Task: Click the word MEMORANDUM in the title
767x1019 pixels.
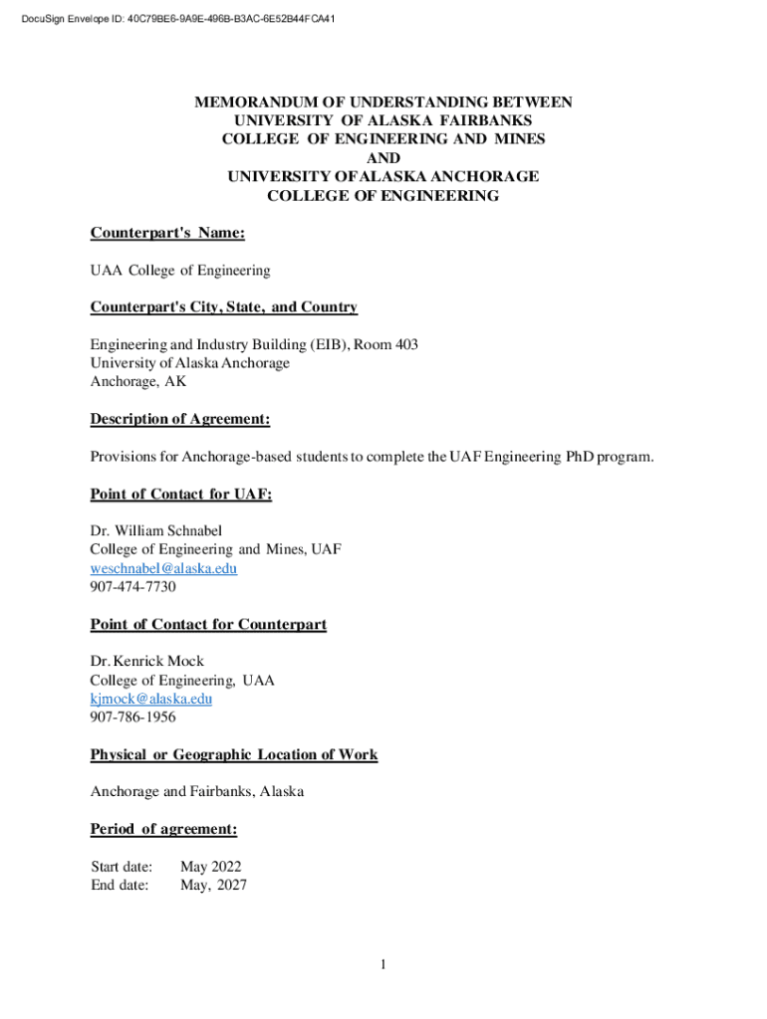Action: [253, 102]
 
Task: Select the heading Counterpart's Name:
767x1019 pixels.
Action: [167, 233]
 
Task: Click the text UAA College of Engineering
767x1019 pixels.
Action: [179, 271]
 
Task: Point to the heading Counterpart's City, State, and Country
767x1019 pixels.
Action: [223, 307]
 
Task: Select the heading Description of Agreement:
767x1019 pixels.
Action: [180, 419]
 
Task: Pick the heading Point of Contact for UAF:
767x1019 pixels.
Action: [181, 494]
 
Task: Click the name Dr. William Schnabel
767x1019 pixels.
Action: [162, 531]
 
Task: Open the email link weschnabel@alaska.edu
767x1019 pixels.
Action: [163, 568]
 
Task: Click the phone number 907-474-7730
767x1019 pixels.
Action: [132, 587]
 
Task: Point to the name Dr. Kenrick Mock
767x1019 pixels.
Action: [146, 662]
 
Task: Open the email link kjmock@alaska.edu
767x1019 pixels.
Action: [151, 699]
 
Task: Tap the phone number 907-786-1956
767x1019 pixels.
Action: [132, 717]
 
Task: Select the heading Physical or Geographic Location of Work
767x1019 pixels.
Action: [234, 754]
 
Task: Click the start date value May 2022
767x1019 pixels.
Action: [210, 867]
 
